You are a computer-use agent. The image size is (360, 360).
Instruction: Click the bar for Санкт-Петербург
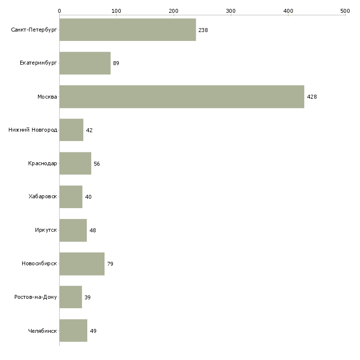pyautogui.click(x=127, y=30)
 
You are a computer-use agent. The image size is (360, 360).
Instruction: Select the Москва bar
pyautogui.click(x=181, y=97)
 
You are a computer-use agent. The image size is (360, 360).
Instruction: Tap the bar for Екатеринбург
pyautogui.click(x=85, y=63)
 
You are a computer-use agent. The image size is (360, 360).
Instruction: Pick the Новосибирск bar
pyautogui.click(x=82, y=264)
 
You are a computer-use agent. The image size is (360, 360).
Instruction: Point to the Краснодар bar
pyautogui.click(x=75, y=163)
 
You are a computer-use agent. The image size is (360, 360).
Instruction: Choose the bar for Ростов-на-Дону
pyautogui.click(x=71, y=297)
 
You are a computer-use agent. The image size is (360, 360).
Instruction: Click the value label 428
pyautogui.click(x=312, y=97)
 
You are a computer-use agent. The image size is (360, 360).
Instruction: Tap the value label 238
pyautogui.click(x=203, y=30)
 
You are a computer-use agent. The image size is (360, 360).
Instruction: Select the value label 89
pyautogui.click(x=116, y=64)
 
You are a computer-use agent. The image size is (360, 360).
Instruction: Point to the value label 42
pyautogui.click(x=89, y=130)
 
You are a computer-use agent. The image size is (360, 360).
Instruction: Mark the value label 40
pyautogui.click(x=88, y=197)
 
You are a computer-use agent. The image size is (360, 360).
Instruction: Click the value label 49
pyautogui.click(x=93, y=331)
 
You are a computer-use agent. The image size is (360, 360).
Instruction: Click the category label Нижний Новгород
pyautogui.click(x=33, y=130)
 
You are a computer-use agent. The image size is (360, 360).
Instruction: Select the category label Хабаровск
pyautogui.click(x=42, y=197)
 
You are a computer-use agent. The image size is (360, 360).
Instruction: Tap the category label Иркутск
pyautogui.click(x=45, y=230)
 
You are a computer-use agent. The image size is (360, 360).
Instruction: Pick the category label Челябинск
pyautogui.click(x=42, y=331)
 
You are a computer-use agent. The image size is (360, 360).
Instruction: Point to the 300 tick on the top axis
pyautogui.click(x=231, y=10)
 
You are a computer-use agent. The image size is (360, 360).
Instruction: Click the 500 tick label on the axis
pyautogui.click(x=345, y=10)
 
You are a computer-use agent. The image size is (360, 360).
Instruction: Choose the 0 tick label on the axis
pyautogui.click(x=59, y=10)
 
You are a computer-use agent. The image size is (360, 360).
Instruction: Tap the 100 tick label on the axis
pyautogui.click(x=116, y=10)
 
